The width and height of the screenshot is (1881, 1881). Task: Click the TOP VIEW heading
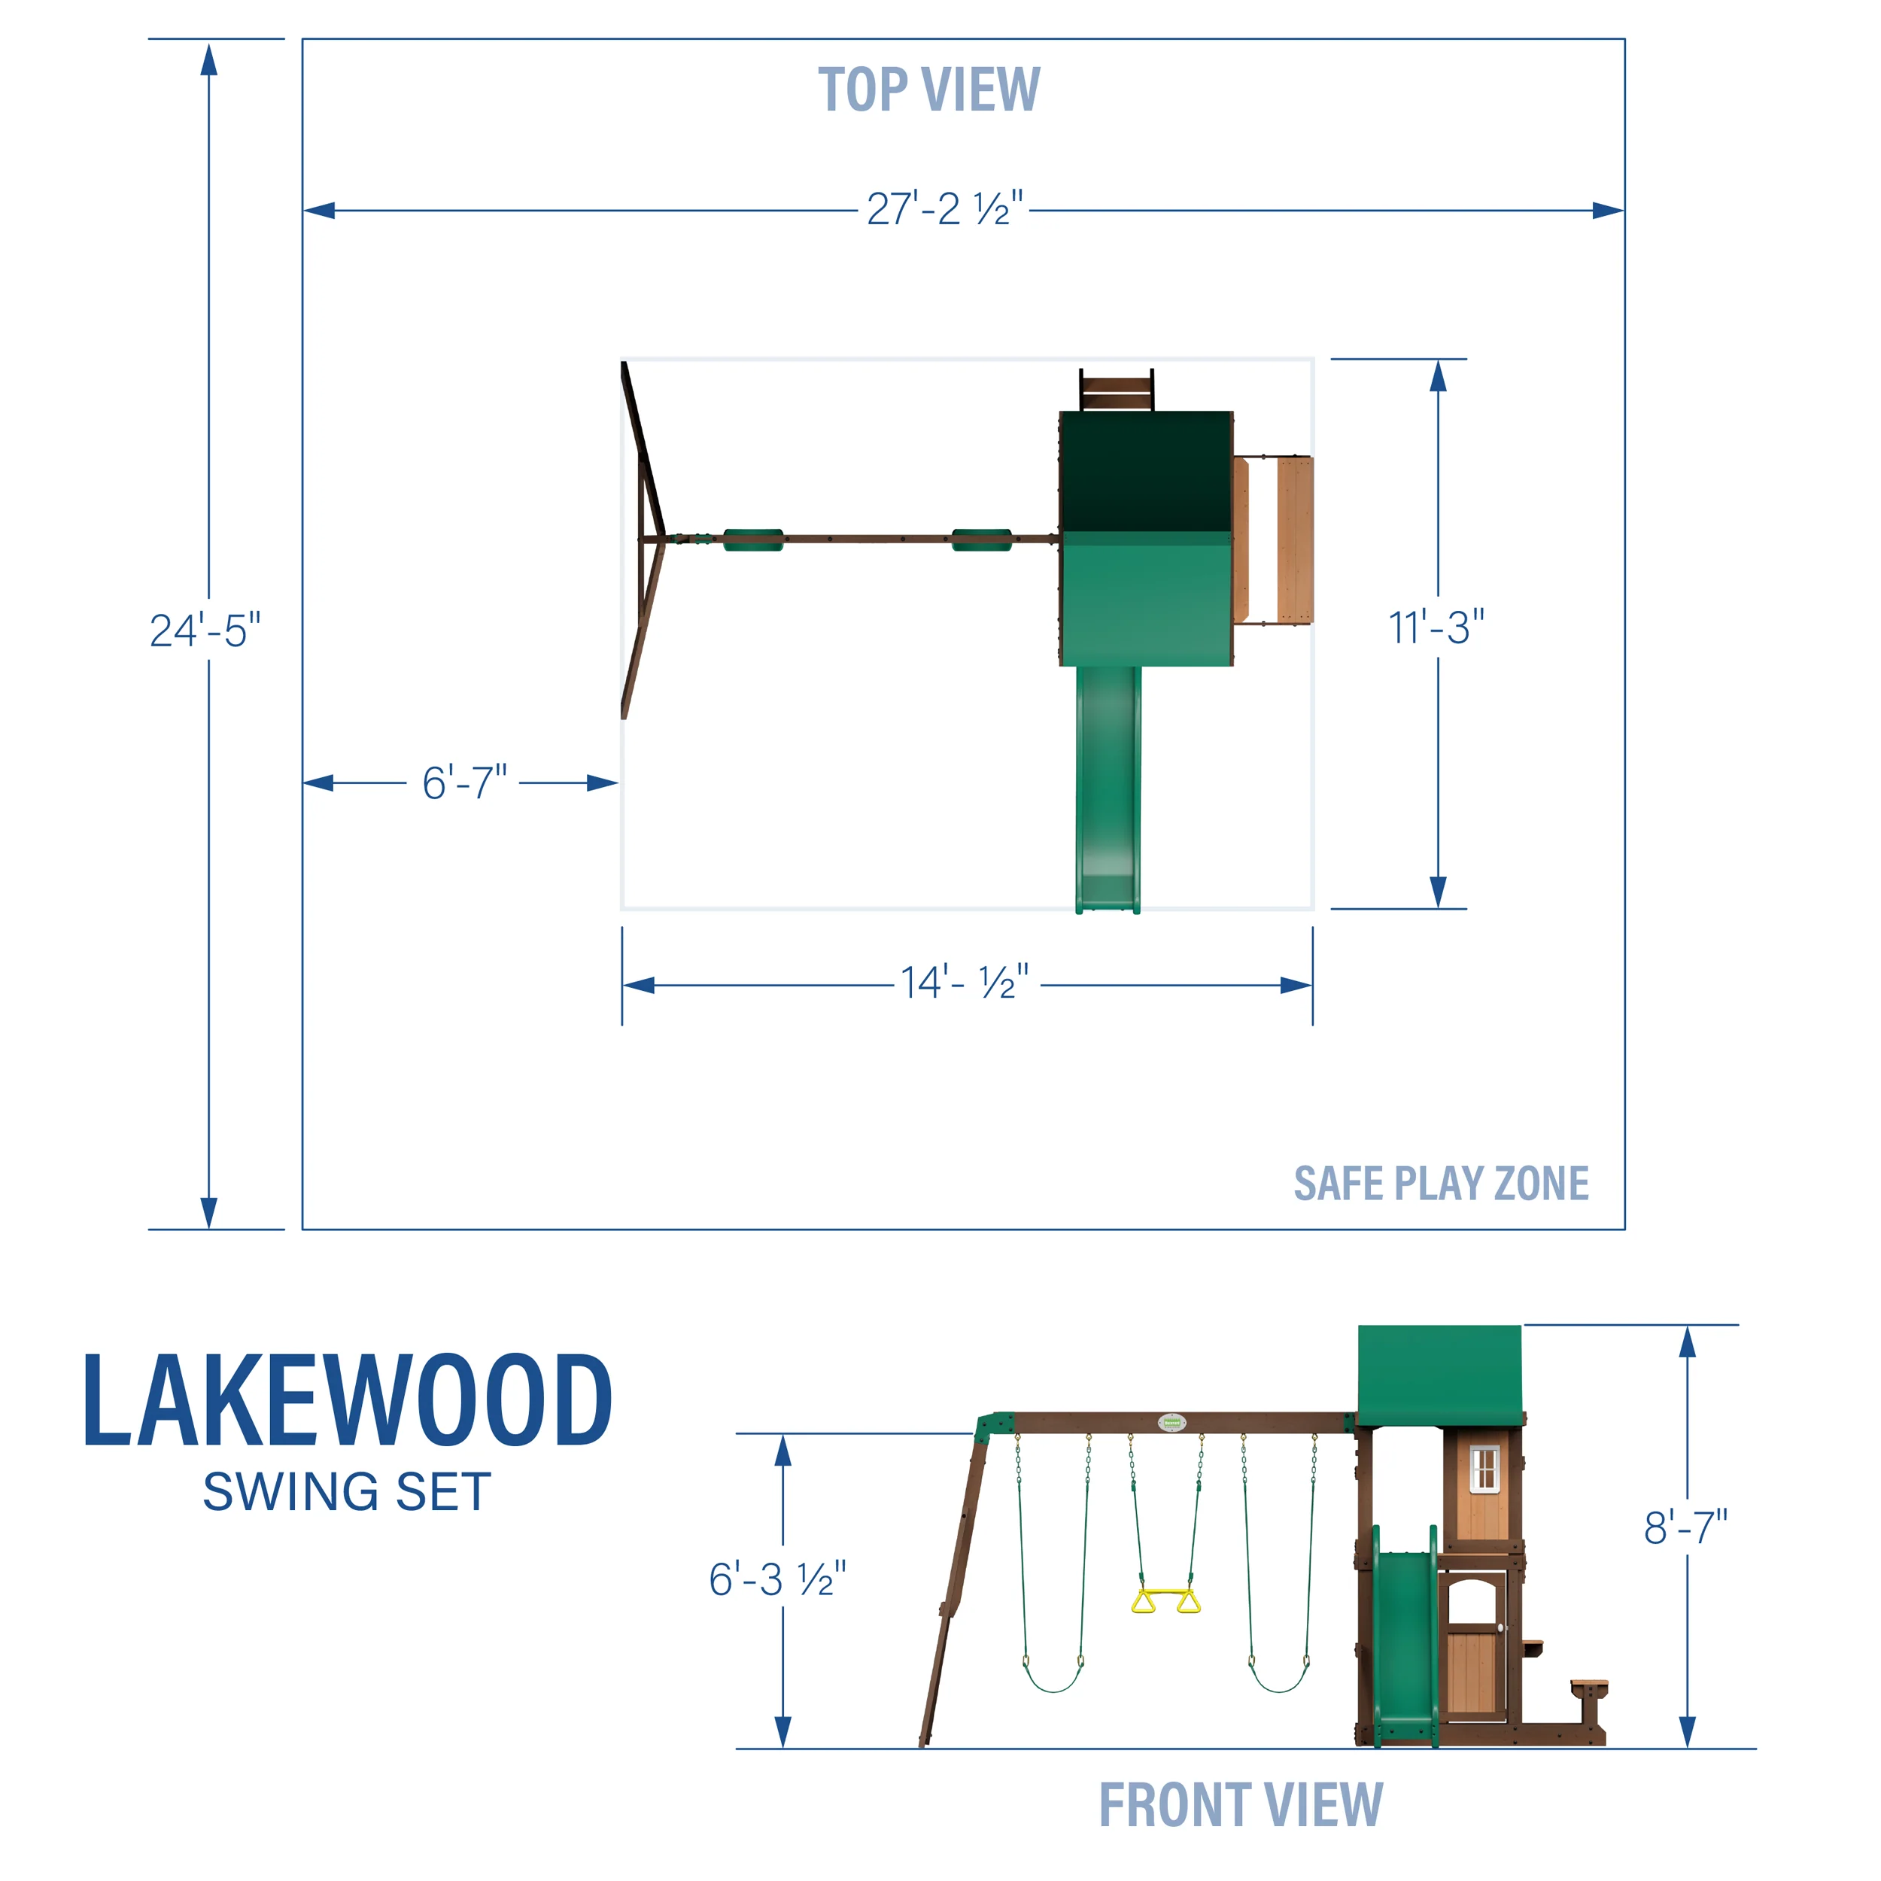click(928, 90)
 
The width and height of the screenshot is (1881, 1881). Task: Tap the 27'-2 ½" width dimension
click(944, 209)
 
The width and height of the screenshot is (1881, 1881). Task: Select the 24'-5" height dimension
click(205, 631)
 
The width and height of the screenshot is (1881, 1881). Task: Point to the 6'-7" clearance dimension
click(464, 782)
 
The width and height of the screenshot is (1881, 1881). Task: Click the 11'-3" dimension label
click(1436, 628)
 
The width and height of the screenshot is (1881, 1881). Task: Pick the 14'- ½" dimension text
click(964, 983)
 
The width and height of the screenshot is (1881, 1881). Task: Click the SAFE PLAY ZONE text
click(1441, 1184)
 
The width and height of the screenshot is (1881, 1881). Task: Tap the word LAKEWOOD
click(348, 1402)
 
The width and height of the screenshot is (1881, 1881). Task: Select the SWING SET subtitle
click(348, 1493)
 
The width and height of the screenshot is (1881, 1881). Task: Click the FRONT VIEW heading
click(1241, 1805)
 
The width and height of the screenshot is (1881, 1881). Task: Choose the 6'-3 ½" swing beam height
click(777, 1579)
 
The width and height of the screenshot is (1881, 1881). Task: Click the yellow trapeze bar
click(1165, 1602)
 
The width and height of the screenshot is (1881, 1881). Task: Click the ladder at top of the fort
click(1116, 390)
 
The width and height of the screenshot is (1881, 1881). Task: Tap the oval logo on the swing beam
click(1172, 1423)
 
